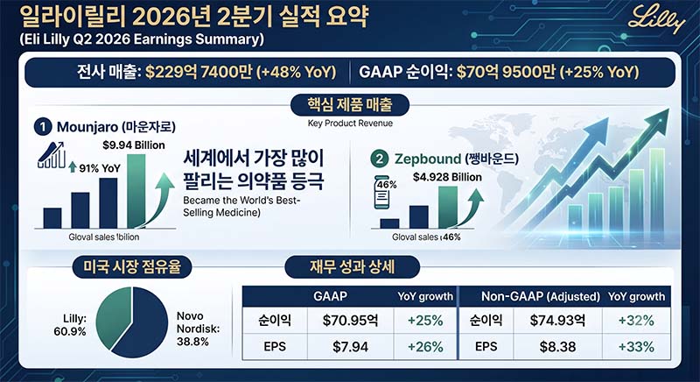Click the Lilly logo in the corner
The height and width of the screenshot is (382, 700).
(656, 18)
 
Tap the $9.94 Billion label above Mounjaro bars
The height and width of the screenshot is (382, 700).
(134, 145)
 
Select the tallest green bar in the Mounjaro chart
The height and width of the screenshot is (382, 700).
(136, 191)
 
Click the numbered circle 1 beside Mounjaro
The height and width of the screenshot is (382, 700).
(43, 127)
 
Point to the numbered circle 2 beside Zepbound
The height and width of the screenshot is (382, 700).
(380, 159)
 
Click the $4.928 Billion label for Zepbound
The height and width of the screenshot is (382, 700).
(447, 177)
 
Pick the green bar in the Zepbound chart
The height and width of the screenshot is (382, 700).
(448, 208)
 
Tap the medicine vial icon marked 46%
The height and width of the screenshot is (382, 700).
(381, 192)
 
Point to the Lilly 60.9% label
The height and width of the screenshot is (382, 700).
(72, 325)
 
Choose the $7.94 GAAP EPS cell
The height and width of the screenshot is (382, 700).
(351, 347)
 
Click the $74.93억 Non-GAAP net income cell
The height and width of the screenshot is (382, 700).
(557, 321)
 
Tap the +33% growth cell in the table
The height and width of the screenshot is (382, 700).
(636, 347)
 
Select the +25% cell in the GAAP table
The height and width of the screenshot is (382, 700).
(425, 321)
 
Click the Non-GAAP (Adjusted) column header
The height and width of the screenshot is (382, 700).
(540, 296)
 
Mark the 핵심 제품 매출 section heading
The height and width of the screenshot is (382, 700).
(350, 105)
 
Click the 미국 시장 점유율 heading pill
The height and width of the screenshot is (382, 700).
(132, 266)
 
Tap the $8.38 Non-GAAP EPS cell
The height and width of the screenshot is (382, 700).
(557, 347)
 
